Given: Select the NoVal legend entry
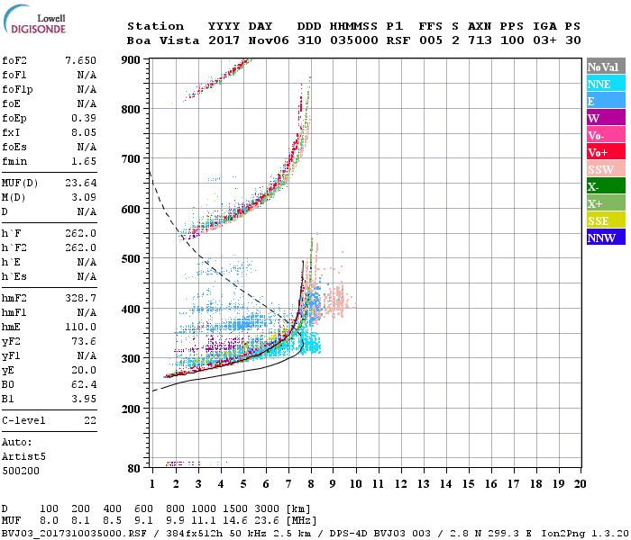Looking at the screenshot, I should point(603,67).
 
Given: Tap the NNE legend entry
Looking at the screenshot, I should point(603,84).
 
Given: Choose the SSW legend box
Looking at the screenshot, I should point(603,169).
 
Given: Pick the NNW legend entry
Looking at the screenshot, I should point(603,238).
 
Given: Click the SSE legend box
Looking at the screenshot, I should point(603,220).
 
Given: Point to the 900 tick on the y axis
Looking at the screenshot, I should point(131,59).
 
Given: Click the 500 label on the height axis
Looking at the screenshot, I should point(131,259).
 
